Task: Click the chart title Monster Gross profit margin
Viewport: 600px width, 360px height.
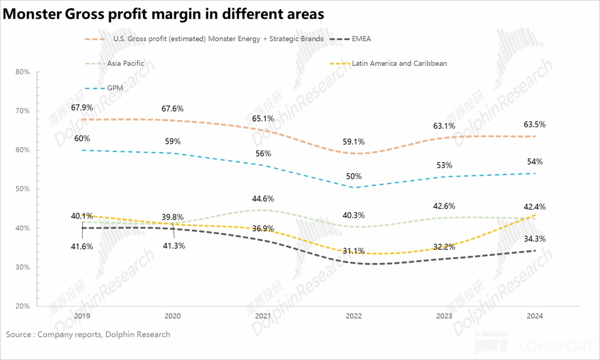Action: (x=163, y=14)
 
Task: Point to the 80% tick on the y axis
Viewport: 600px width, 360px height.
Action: (x=22, y=72)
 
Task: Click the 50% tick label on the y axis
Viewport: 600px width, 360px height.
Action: (x=22, y=189)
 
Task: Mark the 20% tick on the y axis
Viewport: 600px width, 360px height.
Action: (x=22, y=306)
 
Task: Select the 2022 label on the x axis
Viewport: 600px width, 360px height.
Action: (x=354, y=316)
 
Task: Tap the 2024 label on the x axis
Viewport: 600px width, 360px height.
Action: (x=535, y=316)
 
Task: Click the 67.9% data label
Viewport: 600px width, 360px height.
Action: (x=82, y=107)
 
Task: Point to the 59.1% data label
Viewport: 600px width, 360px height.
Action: (x=354, y=142)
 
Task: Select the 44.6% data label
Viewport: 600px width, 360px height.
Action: (x=263, y=199)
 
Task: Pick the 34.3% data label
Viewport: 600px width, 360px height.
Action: (x=535, y=239)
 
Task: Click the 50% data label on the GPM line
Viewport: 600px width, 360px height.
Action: (x=354, y=176)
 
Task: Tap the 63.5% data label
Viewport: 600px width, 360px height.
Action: (x=535, y=125)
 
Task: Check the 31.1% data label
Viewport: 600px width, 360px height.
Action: (x=354, y=251)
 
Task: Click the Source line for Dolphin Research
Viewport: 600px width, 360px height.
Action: (x=88, y=335)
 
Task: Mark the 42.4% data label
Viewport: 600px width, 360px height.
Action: (x=535, y=207)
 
